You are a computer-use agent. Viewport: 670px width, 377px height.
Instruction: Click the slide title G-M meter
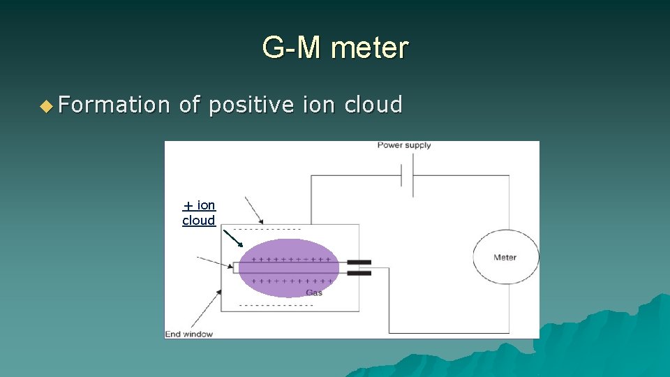point(335,48)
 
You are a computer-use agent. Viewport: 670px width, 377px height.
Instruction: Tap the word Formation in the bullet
point(114,105)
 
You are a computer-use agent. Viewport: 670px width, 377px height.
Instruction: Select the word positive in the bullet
point(251,105)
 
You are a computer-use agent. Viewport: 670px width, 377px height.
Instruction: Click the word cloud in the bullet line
point(373,105)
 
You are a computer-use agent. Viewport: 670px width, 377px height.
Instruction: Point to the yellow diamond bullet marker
point(46,106)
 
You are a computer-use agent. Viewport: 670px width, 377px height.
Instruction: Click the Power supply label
point(404,145)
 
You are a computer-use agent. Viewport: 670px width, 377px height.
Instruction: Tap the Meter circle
point(505,257)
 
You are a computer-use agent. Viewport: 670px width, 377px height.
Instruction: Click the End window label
point(188,334)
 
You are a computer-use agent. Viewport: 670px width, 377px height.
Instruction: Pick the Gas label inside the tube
point(314,293)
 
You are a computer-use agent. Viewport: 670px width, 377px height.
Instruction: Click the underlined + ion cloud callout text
point(199,212)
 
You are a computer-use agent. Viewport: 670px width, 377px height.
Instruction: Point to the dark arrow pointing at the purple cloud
point(233,239)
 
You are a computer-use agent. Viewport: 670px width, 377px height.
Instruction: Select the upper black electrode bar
point(359,263)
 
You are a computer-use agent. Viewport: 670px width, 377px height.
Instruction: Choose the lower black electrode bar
point(359,273)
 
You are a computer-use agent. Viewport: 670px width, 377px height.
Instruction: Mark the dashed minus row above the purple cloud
point(267,229)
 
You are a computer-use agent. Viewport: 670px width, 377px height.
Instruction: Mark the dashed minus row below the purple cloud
point(276,305)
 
